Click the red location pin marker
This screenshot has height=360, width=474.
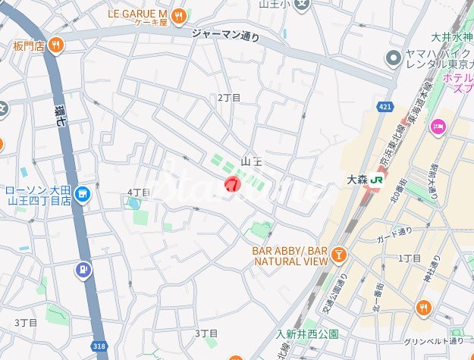[233, 183]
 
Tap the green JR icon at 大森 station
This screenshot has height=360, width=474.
[377, 180]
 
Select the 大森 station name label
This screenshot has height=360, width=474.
[356, 180]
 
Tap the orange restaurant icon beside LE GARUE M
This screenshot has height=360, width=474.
[178, 14]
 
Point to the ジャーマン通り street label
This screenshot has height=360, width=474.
[225, 34]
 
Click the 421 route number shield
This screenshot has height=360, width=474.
[386, 107]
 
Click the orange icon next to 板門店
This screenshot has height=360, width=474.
[55, 46]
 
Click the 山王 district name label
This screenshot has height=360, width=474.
[251, 161]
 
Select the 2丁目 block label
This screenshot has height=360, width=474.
[228, 98]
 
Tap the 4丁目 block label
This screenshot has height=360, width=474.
[138, 193]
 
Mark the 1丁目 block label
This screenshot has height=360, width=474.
[410, 258]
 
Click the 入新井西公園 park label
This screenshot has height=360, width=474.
[307, 333]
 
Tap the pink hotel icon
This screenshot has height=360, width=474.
[437, 125]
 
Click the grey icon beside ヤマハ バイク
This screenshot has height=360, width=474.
[393, 58]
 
